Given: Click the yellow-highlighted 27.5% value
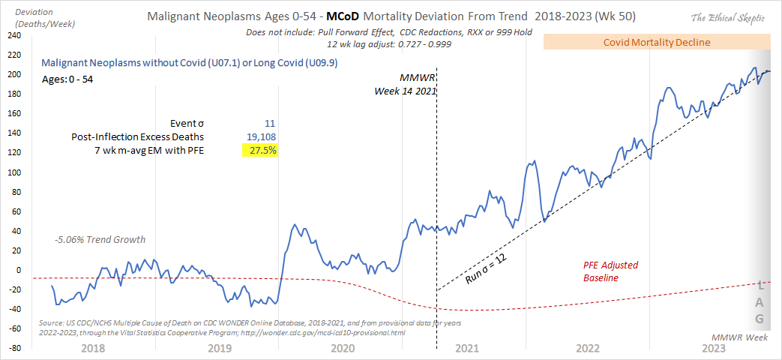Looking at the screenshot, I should (x=259, y=151).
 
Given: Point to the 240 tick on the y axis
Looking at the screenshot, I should (x=14, y=36).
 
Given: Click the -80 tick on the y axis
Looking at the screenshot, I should (x=13, y=349).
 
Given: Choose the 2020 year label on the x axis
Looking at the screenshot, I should (x=341, y=348).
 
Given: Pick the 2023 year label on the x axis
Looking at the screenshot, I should (x=713, y=348).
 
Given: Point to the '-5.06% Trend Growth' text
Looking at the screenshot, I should (x=100, y=240).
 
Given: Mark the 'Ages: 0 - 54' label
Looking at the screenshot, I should (x=67, y=78).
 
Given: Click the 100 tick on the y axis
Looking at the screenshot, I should (x=14, y=172).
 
